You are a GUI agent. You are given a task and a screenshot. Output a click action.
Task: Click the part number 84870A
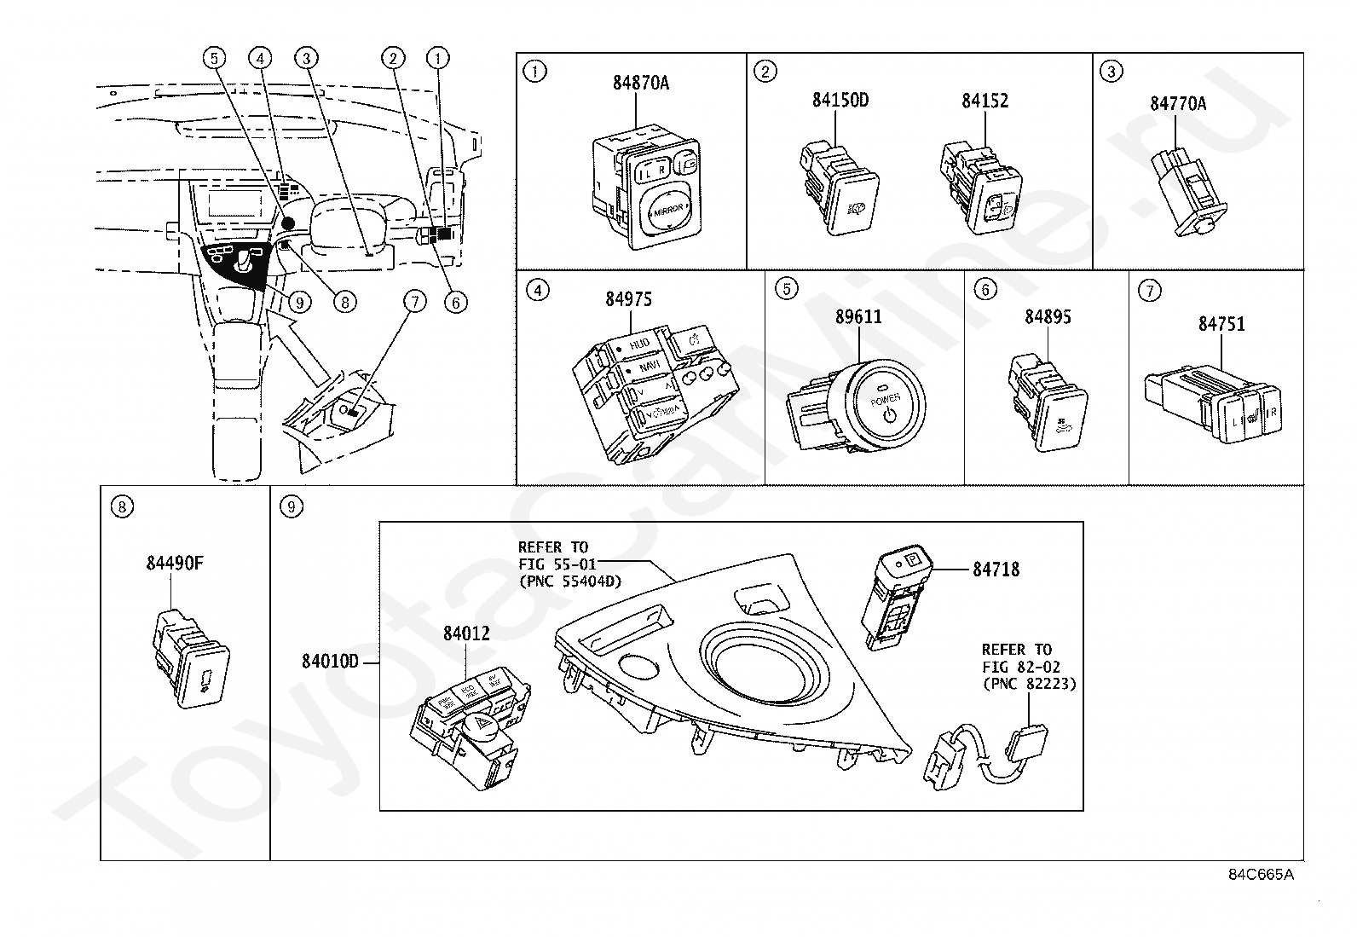coord(640,83)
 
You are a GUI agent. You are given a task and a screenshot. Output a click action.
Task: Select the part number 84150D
coord(840,100)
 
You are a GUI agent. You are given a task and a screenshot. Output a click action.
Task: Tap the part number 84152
coord(985,101)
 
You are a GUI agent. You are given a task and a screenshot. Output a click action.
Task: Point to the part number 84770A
coord(1178,104)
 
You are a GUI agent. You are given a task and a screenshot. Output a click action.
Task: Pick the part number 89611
coord(858,317)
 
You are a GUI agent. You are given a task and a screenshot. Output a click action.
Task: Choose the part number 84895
coord(1048,317)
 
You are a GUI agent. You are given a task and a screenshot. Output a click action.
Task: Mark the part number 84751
coord(1221,324)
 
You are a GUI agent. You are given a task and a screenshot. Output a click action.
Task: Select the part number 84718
coord(996,570)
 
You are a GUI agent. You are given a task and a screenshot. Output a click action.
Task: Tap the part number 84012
coord(466,633)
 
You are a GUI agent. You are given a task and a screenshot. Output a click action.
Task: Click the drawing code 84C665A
coord(1261,876)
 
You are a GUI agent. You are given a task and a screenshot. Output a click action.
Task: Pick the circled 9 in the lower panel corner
coord(292,507)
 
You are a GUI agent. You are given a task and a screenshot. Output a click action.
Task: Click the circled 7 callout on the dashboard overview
coord(414,301)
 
